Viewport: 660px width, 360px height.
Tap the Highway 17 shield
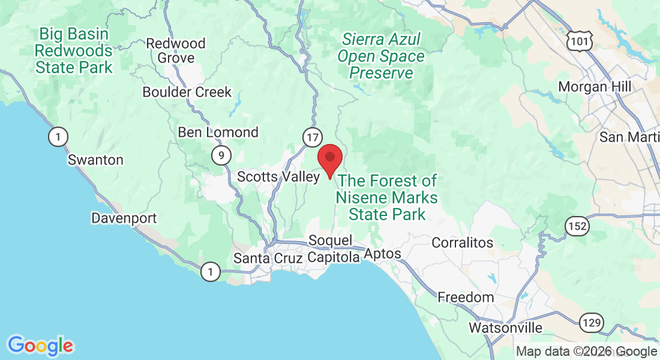tap(312, 137)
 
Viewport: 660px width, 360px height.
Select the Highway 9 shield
tap(221, 156)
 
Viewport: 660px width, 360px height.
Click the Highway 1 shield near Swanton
tap(58, 137)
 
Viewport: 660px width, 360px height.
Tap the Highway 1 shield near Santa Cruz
tap(209, 272)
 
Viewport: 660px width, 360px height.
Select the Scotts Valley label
tap(278, 176)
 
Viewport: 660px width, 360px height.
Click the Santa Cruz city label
tap(268, 258)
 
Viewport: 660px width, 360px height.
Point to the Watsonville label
tap(505, 328)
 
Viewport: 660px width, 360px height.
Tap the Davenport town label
tap(124, 218)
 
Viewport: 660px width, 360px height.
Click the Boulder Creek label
tap(187, 92)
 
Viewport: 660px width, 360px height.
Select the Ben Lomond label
tap(218, 132)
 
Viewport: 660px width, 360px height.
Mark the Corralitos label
tap(463, 242)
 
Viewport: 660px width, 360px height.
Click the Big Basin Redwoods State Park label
tap(74, 50)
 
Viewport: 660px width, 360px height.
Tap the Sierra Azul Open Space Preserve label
tap(381, 56)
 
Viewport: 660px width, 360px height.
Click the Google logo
tap(40, 346)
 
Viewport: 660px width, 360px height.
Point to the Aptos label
tap(382, 254)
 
